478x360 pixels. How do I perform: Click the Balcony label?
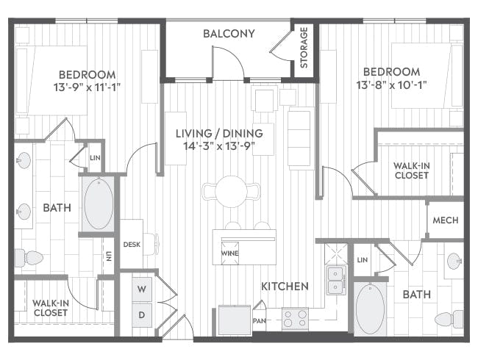click(229, 34)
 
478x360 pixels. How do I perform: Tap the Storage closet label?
click(304, 48)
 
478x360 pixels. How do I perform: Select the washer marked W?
click(142, 289)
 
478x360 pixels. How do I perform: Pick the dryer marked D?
click(142, 315)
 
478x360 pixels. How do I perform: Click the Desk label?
click(132, 244)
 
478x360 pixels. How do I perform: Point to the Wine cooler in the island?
click(230, 253)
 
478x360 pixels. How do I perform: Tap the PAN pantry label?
click(260, 321)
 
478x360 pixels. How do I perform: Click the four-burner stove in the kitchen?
click(295, 319)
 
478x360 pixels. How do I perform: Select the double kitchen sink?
click(336, 280)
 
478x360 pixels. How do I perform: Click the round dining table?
click(231, 192)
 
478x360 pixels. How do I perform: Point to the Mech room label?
click(446, 220)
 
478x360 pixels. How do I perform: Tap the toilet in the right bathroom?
click(449, 319)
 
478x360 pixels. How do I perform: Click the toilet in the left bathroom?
click(29, 258)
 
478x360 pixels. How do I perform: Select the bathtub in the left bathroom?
click(99, 204)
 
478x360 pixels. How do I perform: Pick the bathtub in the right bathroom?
click(370, 309)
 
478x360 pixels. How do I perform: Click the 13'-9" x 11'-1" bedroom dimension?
click(88, 87)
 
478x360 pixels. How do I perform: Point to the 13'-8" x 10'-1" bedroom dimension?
click(391, 84)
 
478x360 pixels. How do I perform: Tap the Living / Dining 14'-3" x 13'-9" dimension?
click(219, 146)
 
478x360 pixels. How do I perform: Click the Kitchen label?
click(285, 287)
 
